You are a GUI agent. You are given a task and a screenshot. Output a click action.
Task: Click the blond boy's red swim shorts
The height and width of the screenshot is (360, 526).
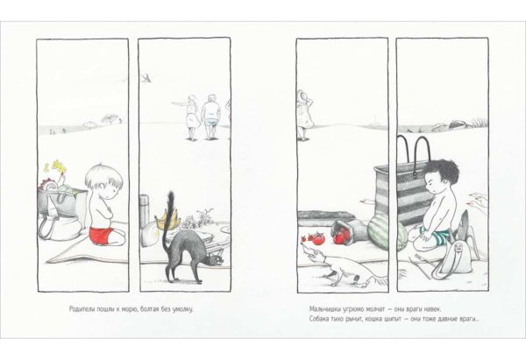[103, 236]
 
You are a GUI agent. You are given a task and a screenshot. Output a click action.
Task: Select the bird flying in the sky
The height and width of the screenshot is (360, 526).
[146, 78]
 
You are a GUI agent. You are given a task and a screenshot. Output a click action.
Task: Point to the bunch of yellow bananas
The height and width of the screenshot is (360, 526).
[167, 221]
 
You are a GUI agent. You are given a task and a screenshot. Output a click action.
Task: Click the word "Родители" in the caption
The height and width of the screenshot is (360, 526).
[82, 308]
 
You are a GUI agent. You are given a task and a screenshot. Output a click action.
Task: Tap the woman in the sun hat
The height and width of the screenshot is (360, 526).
[304, 115]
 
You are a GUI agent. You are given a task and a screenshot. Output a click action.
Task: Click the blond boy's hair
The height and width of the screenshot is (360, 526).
[103, 178]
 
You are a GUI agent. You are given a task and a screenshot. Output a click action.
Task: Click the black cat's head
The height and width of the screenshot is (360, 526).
[215, 260]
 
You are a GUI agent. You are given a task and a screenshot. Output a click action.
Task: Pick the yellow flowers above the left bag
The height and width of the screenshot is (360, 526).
[58, 166]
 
